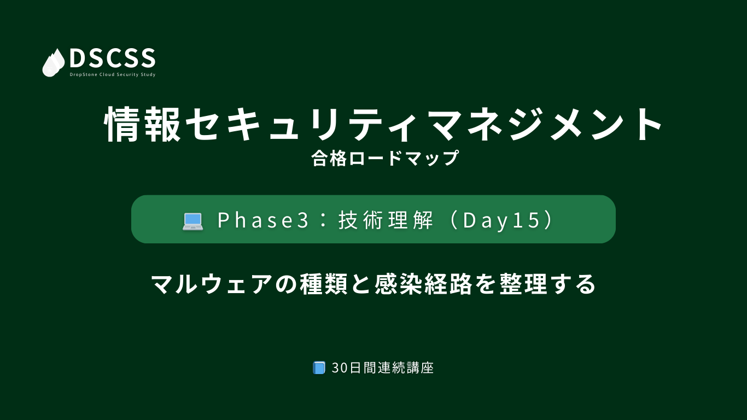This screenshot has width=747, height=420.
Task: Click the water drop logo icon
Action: (x=54, y=63)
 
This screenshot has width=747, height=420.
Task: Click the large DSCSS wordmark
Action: (x=113, y=58)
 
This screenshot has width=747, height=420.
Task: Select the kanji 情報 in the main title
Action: (x=142, y=124)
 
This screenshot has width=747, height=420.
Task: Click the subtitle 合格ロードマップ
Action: (x=385, y=158)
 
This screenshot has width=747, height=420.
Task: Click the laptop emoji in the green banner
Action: (x=192, y=221)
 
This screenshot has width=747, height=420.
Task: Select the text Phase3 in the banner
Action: (x=263, y=220)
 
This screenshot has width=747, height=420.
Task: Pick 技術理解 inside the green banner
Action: (x=386, y=220)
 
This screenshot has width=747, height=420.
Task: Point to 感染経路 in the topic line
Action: (x=423, y=284)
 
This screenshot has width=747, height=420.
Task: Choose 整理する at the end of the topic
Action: (x=547, y=284)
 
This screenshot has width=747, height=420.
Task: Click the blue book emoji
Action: (x=319, y=367)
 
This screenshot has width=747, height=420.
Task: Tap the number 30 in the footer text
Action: (x=340, y=368)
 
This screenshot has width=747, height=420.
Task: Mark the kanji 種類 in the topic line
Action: (x=324, y=284)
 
